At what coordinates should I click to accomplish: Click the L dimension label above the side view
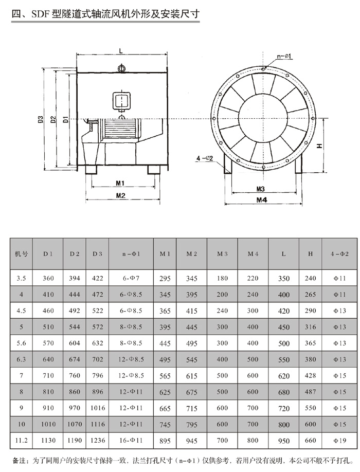119,51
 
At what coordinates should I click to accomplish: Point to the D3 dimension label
41,120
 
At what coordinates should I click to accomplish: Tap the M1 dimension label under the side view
120,183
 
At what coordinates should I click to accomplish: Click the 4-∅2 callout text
205,157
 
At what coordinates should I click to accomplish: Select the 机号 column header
21,253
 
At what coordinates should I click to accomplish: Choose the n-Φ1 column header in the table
131,253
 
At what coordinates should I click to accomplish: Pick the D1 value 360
48,278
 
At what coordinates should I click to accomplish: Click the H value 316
311,328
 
